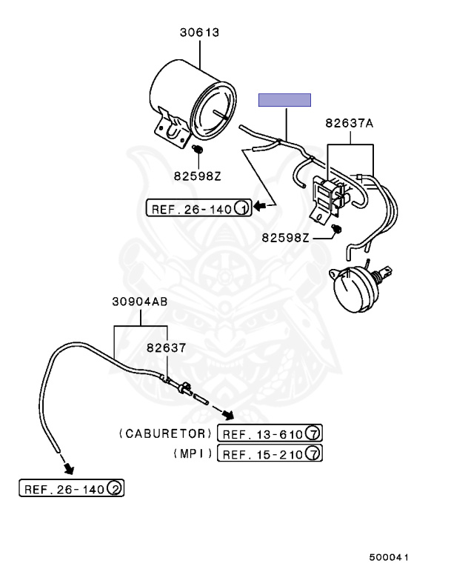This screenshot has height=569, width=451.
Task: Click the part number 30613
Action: [x=199, y=33]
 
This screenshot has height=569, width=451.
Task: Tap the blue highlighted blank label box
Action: [x=284, y=100]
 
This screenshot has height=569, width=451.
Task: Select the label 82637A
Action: [x=349, y=124]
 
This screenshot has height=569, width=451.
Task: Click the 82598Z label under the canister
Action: [x=198, y=176]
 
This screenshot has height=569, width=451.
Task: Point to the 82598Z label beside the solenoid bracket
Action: [x=286, y=238]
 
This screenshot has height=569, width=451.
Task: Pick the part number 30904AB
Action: [x=140, y=302]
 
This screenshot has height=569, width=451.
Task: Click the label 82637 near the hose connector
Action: [x=166, y=348]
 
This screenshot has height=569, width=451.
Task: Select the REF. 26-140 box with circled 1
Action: [x=198, y=208]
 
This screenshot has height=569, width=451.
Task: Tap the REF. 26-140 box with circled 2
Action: [x=72, y=488]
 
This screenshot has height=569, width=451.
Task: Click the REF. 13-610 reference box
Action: [x=270, y=433]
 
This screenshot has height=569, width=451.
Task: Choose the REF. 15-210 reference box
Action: [x=270, y=453]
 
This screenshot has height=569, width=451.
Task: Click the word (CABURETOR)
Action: [x=165, y=433]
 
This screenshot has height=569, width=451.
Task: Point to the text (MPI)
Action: [x=193, y=453]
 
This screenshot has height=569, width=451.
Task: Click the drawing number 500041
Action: [x=389, y=557]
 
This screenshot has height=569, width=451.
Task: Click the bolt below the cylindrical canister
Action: [x=198, y=149]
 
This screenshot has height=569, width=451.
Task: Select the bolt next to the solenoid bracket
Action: [x=337, y=229]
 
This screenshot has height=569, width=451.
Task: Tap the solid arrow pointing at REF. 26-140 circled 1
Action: [x=260, y=207]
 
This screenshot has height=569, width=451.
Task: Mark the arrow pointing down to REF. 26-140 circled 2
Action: [x=68, y=467]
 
